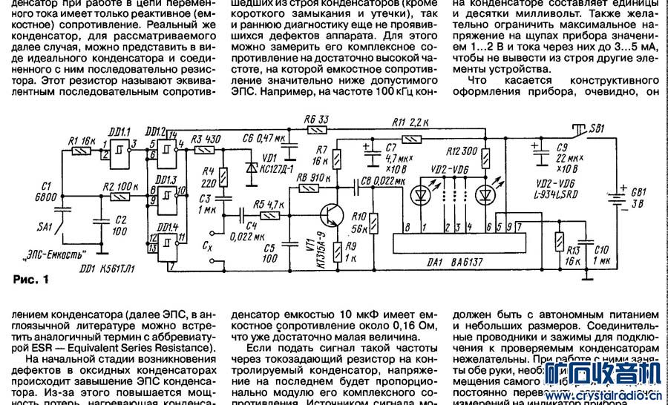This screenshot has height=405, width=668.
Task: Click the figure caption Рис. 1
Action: pos(31,280)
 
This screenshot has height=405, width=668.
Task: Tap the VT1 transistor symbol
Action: pos(332,215)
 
